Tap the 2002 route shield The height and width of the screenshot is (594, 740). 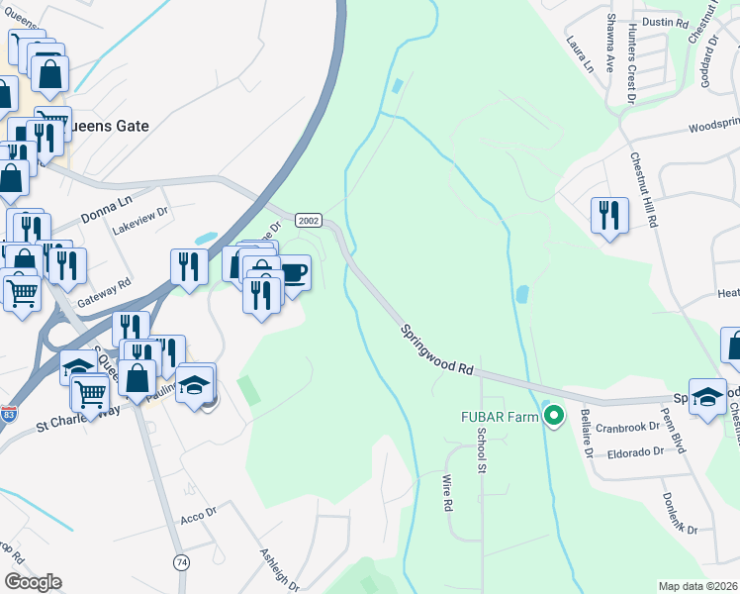(x=309, y=220)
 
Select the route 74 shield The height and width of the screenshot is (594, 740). (x=179, y=561)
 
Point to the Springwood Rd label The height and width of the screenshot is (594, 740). (x=438, y=346)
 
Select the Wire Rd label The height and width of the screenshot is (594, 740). (x=446, y=492)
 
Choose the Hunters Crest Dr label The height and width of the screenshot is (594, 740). (x=631, y=59)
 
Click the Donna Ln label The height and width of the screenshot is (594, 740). (x=107, y=201)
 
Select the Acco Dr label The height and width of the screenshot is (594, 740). (x=198, y=517)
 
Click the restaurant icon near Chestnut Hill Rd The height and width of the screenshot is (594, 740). (x=609, y=215)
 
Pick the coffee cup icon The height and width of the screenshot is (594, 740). (x=294, y=271)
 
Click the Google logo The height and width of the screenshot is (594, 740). (x=33, y=582)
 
